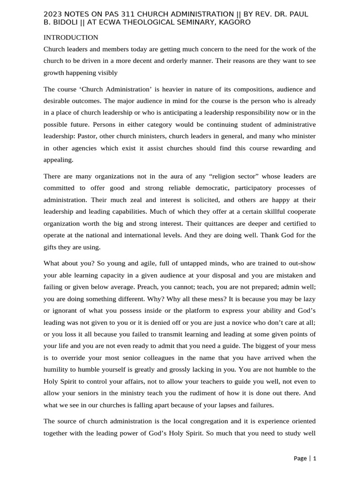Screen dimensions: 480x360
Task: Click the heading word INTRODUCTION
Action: (x=71, y=37)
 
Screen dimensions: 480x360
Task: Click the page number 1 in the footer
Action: (x=315, y=458)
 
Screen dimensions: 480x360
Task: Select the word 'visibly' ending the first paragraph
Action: (x=107, y=73)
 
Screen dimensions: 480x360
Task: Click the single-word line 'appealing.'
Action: (x=59, y=159)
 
